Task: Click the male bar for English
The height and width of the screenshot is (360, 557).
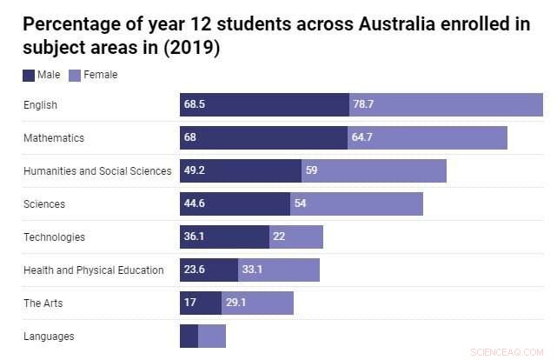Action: coord(264,105)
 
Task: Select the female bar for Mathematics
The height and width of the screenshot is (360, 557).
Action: coord(427,138)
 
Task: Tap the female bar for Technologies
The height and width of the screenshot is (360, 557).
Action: coord(296,237)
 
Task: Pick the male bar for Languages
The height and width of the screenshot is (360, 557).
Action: coord(189,337)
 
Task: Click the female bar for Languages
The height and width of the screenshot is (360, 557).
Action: coord(212,337)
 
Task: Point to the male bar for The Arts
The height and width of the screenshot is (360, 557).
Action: coord(201,303)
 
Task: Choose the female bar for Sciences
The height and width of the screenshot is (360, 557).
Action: coord(356,204)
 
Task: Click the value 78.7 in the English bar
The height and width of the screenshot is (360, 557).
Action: coord(363,105)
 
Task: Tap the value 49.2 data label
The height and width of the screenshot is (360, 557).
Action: coord(194,171)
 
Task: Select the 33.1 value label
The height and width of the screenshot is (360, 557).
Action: coord(252,270)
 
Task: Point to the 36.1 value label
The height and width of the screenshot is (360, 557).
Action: coord(194,237)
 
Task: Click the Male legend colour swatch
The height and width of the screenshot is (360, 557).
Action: coord(30,75)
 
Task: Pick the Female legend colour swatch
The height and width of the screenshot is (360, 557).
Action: coord(75,75)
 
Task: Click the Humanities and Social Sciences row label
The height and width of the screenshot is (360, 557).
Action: coord(97,171)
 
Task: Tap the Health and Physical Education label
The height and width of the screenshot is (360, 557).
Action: coord(94,270)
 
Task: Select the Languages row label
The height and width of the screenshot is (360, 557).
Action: coord(49,337)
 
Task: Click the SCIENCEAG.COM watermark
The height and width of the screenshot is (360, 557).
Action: coord(506,351)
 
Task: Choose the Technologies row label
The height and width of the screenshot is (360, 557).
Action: coord(54,237)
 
